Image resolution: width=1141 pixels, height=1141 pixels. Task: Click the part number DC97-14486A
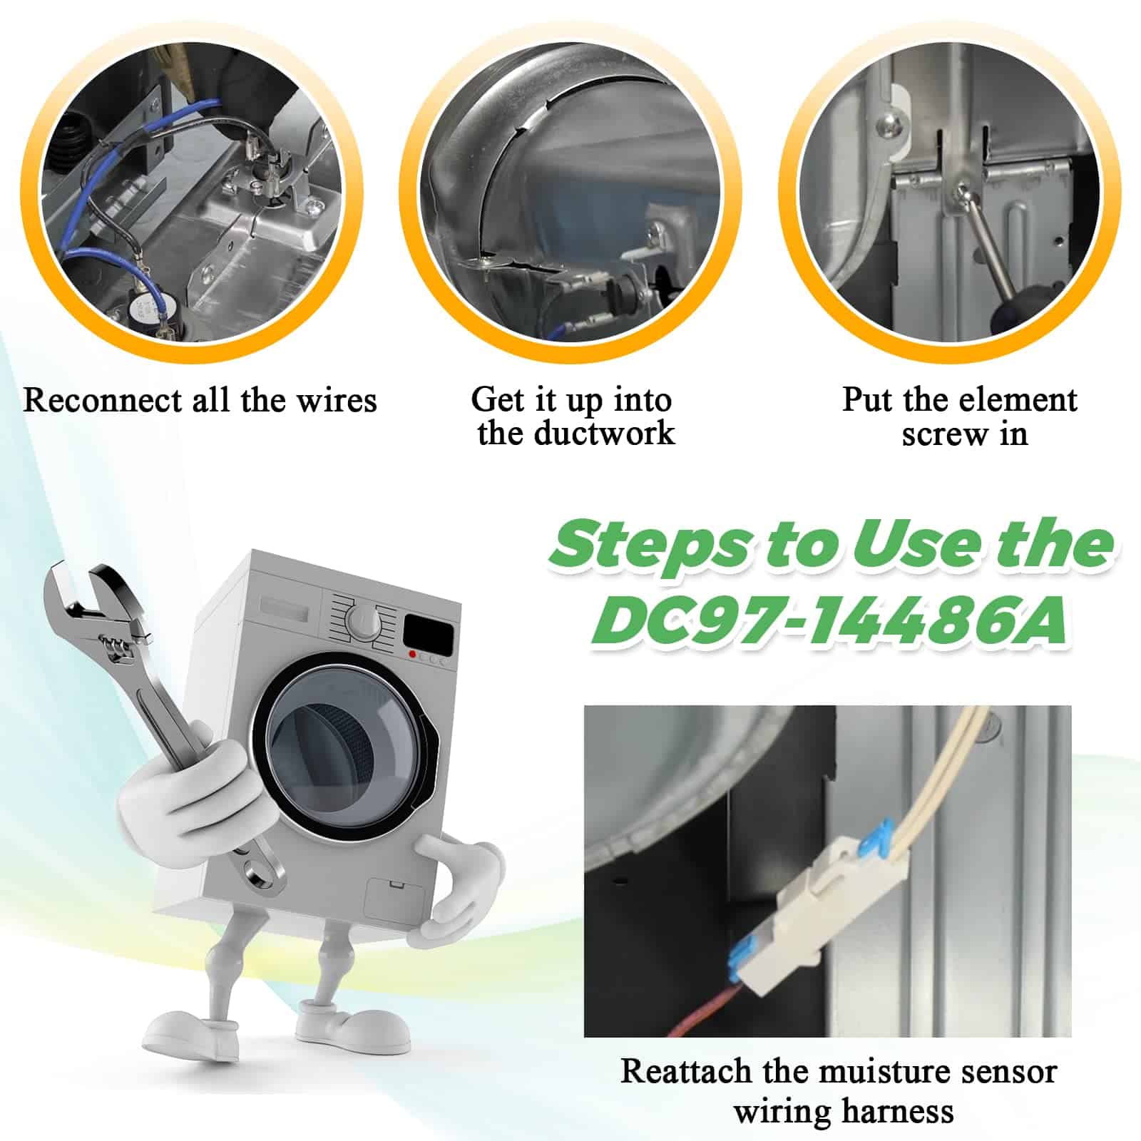click(829, 620)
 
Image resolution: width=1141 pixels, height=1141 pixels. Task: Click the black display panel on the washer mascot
click(428, 630)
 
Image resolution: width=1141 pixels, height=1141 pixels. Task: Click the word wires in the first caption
click(337, 400)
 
